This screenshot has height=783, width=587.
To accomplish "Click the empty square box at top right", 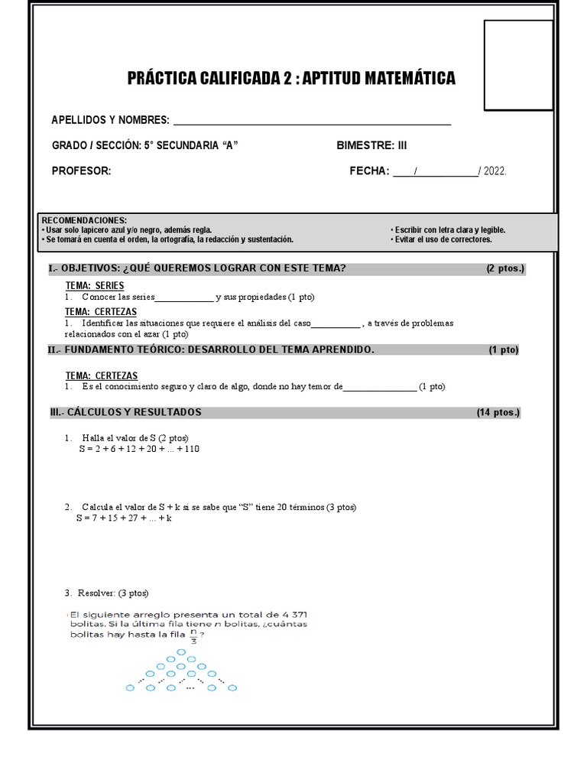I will click(518, 65).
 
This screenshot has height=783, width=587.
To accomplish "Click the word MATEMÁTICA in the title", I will click(399, 78).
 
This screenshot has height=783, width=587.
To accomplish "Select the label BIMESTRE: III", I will click(372, 145).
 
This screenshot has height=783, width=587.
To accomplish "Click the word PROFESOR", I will click(81, 171).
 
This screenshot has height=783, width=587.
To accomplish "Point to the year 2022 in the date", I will click(495, 171).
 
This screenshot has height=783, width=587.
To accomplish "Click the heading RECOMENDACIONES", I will click(84, 220).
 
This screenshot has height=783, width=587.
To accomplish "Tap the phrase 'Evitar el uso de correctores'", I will click(443, 239).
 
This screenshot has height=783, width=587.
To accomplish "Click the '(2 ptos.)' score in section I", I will click(505, 268).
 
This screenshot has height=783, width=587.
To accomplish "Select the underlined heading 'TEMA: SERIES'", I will click(95, 285).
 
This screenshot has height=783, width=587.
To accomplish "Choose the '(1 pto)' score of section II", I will click(504, 349).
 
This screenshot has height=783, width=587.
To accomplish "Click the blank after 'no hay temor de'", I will click(380, 387).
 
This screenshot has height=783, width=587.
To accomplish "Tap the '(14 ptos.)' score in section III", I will click(498, 412).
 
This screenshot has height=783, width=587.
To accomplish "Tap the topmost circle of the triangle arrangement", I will click(181, 652).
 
